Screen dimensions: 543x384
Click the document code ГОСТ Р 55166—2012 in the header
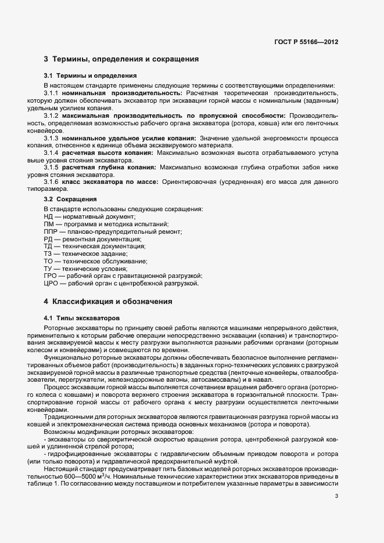point(306,42)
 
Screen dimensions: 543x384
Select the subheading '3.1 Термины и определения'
point(90,75)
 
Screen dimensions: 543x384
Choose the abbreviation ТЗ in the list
point(48,254)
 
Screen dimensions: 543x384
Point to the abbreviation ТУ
point(48,269)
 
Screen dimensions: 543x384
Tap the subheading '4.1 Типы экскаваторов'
point(82,318)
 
